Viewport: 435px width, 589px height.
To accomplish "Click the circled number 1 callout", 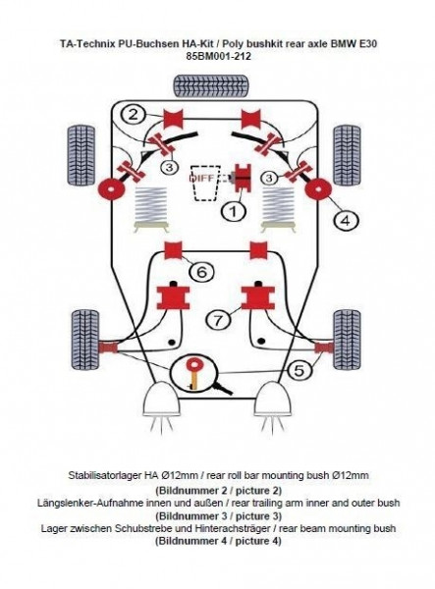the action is coord(233,211).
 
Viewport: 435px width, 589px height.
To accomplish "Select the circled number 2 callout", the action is coord(133,114).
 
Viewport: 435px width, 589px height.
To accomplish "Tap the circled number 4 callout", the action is coord(346,220).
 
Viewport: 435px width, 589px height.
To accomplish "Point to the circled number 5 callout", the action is coord(299,371).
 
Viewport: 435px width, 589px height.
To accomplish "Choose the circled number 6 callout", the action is coord(201,271).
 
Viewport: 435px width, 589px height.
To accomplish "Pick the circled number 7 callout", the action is coord(218,320).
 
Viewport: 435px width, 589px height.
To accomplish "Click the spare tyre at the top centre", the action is coord(211,86).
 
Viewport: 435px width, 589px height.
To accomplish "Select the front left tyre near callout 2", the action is coord(82,155).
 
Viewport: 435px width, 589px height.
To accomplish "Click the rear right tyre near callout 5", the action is coord(347,340).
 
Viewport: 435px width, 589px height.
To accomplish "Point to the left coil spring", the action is coord(150,205).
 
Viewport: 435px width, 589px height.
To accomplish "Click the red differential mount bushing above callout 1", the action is coord(243,178).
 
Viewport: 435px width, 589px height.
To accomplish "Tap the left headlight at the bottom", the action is coord(161,400).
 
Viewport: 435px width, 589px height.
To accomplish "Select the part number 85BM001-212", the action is coord(218,56).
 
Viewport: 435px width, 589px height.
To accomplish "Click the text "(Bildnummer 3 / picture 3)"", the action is coord(218,515).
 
